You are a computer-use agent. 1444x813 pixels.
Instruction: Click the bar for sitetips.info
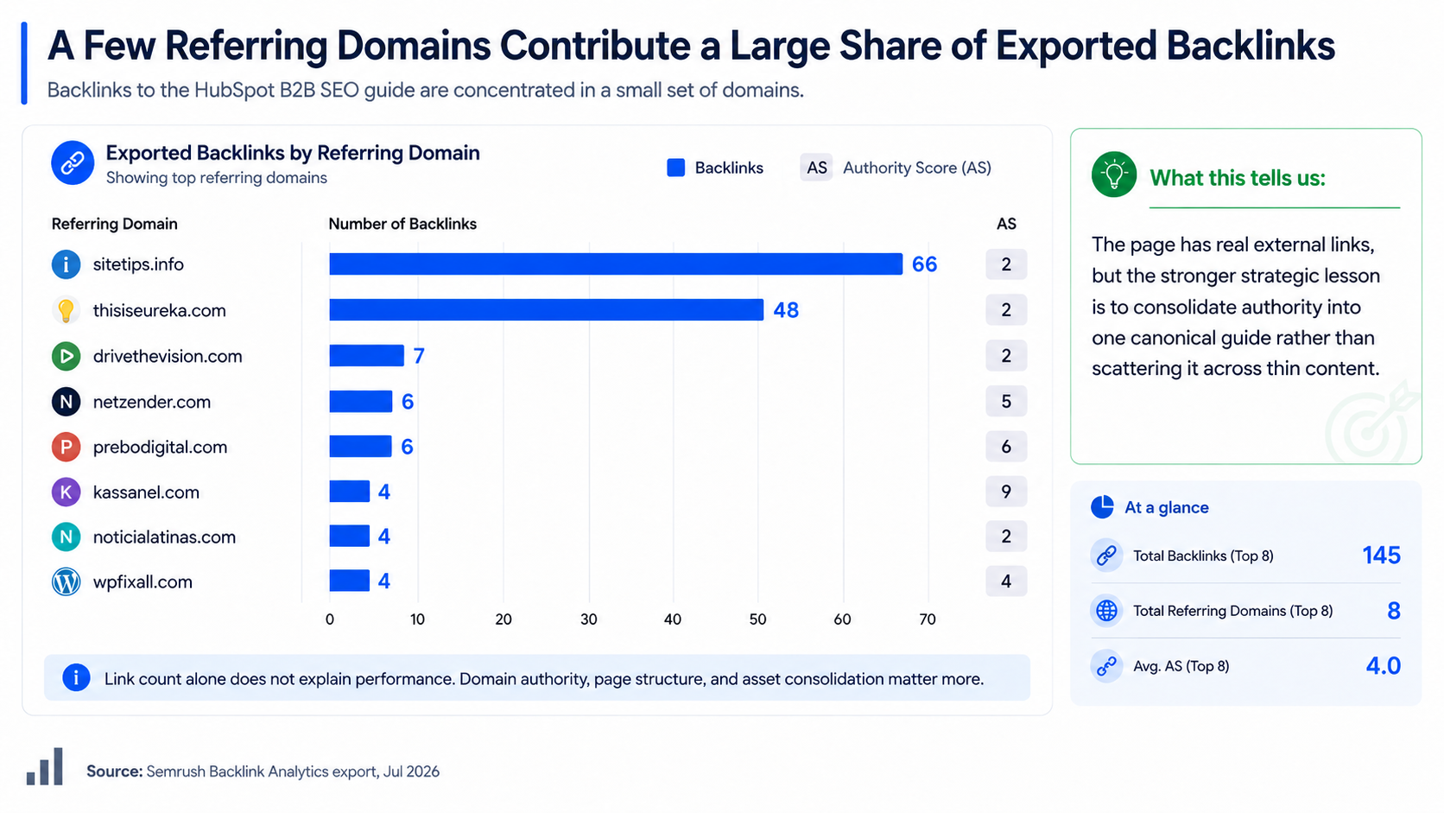click(x=616, y=264)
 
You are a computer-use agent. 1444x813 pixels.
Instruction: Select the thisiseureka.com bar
click(x=546, y=310)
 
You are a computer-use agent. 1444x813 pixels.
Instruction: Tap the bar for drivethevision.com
click(x=366, y=356)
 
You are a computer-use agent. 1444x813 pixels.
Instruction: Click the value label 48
click(x=786, y=310)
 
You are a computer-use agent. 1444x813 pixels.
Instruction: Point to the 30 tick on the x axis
click(x=588, y=619)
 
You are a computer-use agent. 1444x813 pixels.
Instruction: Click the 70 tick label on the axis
click(x=927, y=619)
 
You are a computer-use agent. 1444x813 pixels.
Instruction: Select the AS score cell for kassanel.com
click(x=1005, y=492)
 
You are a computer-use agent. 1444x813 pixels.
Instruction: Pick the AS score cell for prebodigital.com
click(x=1005, y=447)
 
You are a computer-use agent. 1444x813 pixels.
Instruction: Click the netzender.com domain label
click(x=151, y=402)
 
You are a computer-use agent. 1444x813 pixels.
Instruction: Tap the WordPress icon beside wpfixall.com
click(x=66, y=581)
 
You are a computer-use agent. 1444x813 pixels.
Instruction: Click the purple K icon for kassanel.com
click(x=66, y=492)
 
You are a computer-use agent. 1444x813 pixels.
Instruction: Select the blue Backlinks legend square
click(x=675, y=168)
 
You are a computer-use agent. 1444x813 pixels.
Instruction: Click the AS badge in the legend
click(x=816, y=168)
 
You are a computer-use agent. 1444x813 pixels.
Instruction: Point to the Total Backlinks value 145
click(x=1381, y=556)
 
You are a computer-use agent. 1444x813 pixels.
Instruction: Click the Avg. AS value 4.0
click(x=1383, y=665)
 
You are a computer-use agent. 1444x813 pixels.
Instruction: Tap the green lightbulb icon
click(x=1113, y=174)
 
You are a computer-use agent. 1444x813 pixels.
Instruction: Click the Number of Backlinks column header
click(x=402, y=224)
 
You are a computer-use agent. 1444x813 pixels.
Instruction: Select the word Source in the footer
click(x=114, y=771)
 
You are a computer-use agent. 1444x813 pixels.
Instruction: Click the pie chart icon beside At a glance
click(x=1102, y=507)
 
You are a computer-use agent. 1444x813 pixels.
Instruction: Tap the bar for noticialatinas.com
click(x=350, y=537)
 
